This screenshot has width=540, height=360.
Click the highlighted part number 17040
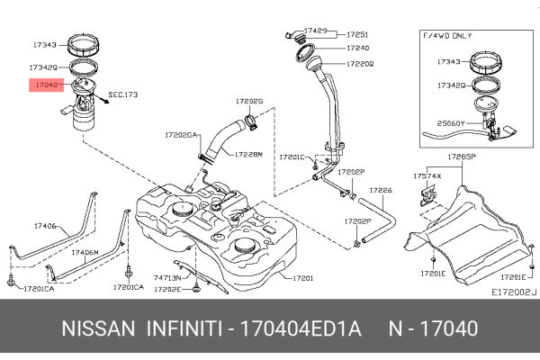[x=45, y=85]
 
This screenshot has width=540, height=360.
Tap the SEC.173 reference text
[x=123, y=94]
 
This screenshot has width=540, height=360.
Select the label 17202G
[x=249, y=102]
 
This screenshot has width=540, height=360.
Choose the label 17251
[x=358, y=33]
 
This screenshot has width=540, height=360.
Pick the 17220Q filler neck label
[x=360, y=64]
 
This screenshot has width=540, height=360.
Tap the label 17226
[x=382, y=190]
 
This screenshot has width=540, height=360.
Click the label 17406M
[x=85, y=253]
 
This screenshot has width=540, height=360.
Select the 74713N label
[x=168, y=279]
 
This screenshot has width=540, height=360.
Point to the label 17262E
[x=168, y=290]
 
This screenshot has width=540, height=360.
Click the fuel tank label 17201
[x=302, y=278]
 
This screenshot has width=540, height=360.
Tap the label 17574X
[x=427, y=176]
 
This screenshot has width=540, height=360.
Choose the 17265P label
[x=461, y=157]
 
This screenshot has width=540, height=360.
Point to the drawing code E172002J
[x=514, y=292]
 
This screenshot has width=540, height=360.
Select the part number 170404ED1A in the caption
[x=301, y=328]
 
